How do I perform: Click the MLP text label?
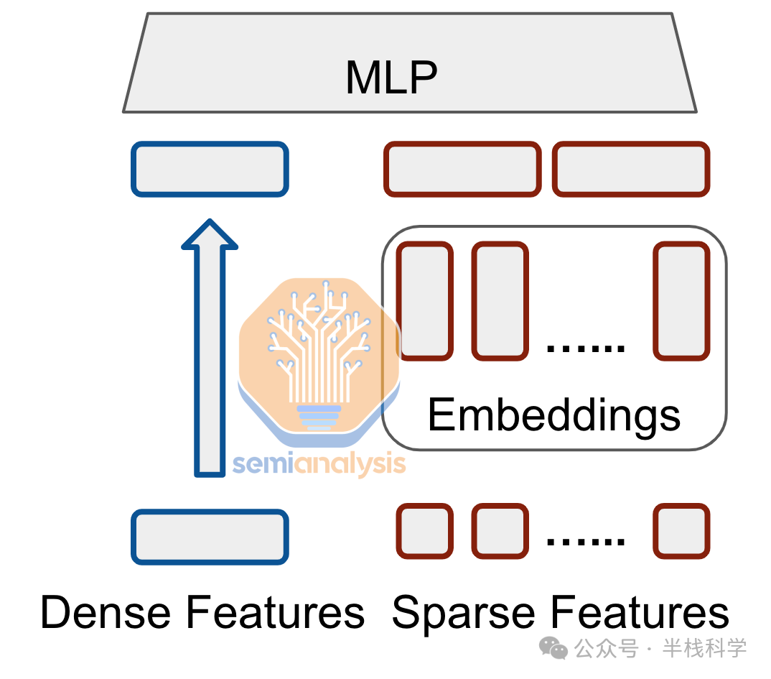[391, 77]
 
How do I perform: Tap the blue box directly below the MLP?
[210, 169]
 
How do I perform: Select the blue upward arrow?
[210, 348]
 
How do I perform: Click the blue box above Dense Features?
[210, 537]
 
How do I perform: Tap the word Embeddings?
[553, 415]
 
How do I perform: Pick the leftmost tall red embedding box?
[425, 301]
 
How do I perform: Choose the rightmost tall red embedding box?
[681, 301]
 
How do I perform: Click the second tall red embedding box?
[500, 301]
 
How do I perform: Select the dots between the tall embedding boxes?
[586, 348]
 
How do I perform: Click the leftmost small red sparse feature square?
[425, 531]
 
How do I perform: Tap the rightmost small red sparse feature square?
[681, 531]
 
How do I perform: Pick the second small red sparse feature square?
[500, 531]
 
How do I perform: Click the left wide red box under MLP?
[462, 169]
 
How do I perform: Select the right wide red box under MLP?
[631, 169]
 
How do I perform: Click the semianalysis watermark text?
[319, 464]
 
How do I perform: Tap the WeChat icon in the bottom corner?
[553, 649]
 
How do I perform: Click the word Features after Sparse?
[639, 613]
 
